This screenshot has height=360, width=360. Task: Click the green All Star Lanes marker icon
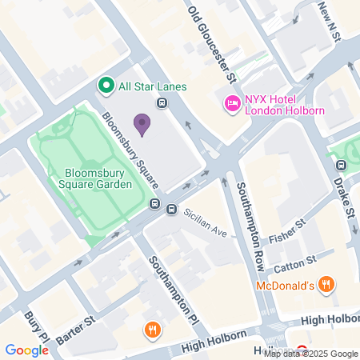[x=104, y=85]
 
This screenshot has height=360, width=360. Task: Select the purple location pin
[x=142, y=123]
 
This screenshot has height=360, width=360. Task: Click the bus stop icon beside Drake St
[x=342, y=166]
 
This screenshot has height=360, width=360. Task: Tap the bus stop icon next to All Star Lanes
[x=162, y=102]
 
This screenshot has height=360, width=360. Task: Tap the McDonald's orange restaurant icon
[x=326, y=284]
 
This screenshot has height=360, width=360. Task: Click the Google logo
[x=26, y=350]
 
